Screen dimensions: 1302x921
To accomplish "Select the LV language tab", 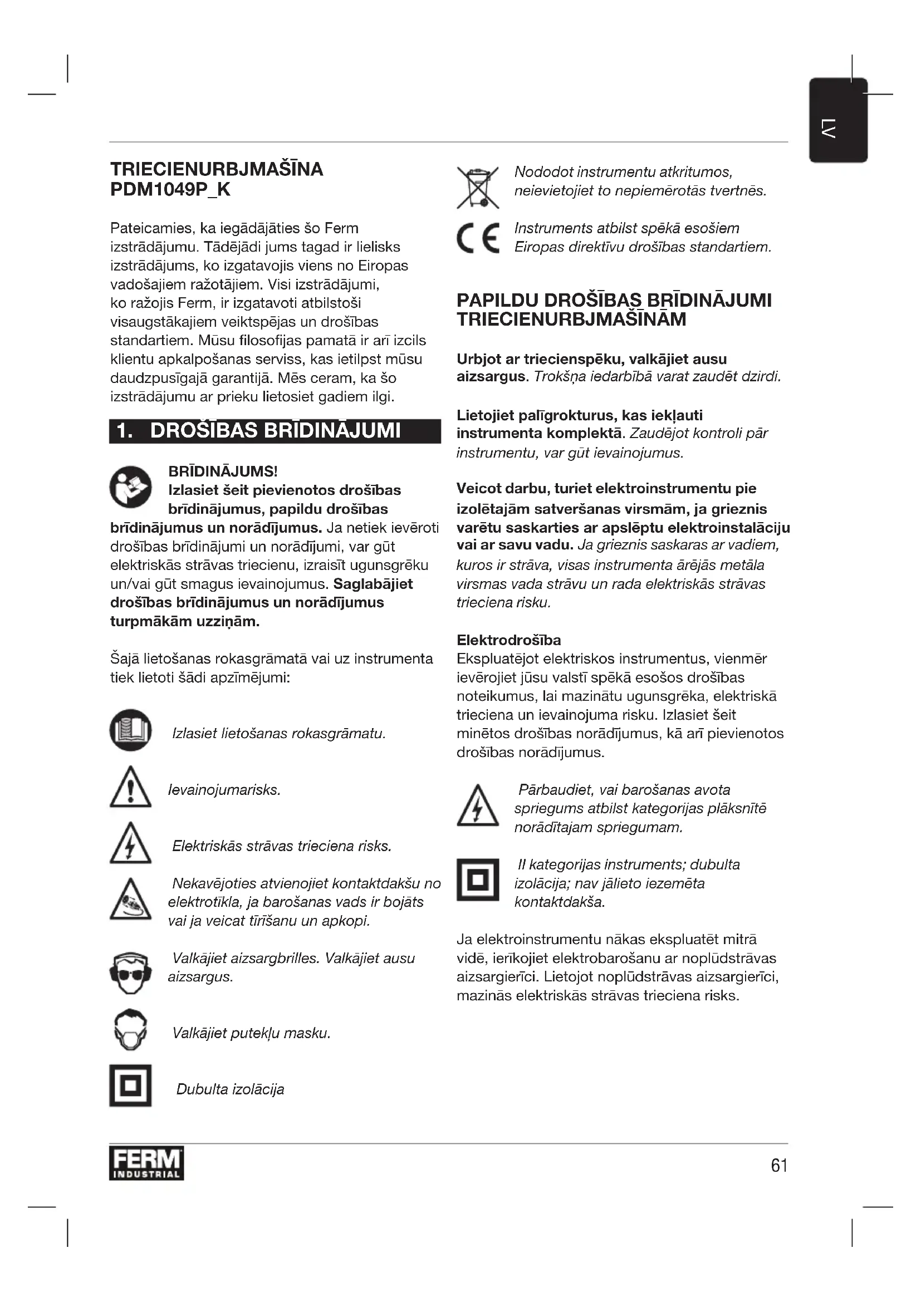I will [x=837, y=121].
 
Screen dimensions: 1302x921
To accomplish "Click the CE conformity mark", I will [x=478, y=238].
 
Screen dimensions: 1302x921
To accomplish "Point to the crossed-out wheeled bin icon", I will [x=478, y=187].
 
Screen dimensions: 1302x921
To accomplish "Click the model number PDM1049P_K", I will [x=170, y=189].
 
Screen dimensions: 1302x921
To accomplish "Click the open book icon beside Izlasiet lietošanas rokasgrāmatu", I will [x=130, y=730].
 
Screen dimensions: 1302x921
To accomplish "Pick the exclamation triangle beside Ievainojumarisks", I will [x=130, y=788].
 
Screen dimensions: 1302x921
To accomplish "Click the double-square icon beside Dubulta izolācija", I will [x=130, y=1085].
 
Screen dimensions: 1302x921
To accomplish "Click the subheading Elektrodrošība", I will [x=509, y=640].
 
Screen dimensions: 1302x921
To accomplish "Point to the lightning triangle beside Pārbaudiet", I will [x=478, y=807].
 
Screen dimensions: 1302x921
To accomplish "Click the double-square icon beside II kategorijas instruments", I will [x=478, y=880].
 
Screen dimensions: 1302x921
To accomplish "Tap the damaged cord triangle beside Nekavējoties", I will [x=130, y=901].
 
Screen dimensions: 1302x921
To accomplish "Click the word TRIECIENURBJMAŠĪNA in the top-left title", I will [x=217, y=169].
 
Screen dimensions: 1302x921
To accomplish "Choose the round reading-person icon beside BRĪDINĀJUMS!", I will [x=130, y=487].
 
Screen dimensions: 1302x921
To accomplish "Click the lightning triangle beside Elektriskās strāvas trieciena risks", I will [x=130, y=844].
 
